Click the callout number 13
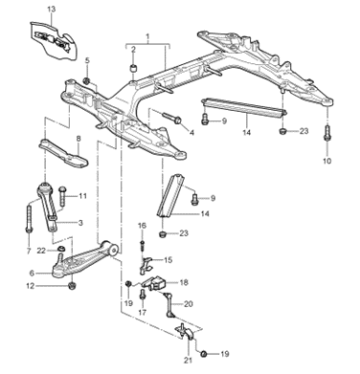point(52,9)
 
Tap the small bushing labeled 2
point(133,68)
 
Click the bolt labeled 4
point(172,118)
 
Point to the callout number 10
point(326,161)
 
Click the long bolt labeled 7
point(29,219)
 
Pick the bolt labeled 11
point(62,196)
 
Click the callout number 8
point(79,139)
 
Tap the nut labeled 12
point(73,285)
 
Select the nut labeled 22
point(60,249)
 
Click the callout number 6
point(32,273)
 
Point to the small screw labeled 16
point(143,246)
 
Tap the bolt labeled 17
point(143,294)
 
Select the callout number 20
point(189,303)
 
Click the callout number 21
point(189,361)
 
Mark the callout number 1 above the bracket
point(147,37)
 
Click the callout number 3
point(80,223)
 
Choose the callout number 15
point(168,260)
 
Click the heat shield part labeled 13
point(54,41)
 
